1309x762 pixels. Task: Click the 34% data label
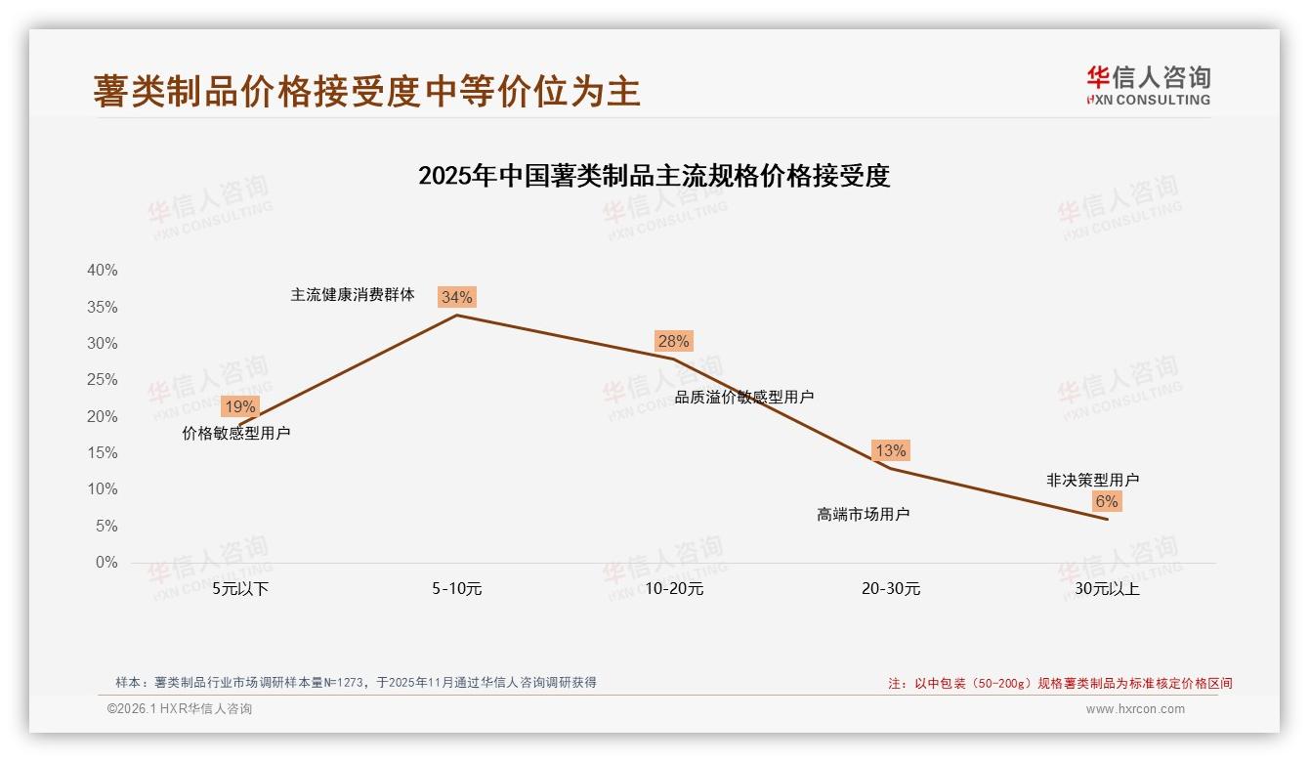pos(456,297)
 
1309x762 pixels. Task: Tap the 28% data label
pos(673,341)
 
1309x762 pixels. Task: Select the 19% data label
pos(239,406)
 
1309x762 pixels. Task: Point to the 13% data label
pos(890,450)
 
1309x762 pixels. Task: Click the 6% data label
pos(1106,501)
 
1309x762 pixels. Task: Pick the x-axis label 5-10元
pos(457,589)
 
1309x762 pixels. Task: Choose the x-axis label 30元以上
pos(1107,589)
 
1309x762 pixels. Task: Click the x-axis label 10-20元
pos(674,589)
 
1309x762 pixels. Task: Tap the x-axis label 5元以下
pos(240,589)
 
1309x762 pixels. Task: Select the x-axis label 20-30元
pos(890,589)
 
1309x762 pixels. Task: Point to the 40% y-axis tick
pos(102,271)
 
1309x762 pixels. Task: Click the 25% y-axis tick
pos(102,380)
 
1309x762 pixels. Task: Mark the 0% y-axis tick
pos(106,563)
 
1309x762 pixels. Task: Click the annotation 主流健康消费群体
pos(353,294)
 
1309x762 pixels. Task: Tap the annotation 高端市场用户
pos(863,514)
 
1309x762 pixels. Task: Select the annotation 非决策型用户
pos(1092,480)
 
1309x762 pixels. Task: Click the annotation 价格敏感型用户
pos(236,433)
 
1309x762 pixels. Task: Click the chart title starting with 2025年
pos(654,176)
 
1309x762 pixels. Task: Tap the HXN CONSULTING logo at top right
pos(1148,86)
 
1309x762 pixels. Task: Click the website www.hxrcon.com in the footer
pos(1134,709)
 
